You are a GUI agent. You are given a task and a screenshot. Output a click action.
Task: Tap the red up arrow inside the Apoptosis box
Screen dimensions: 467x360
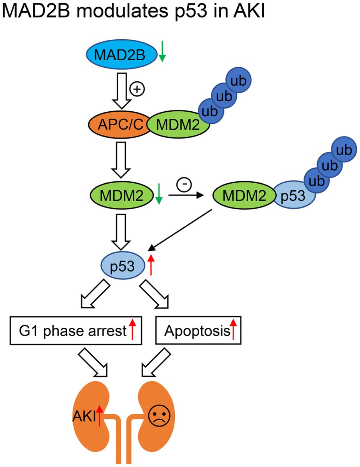(234, 329)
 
